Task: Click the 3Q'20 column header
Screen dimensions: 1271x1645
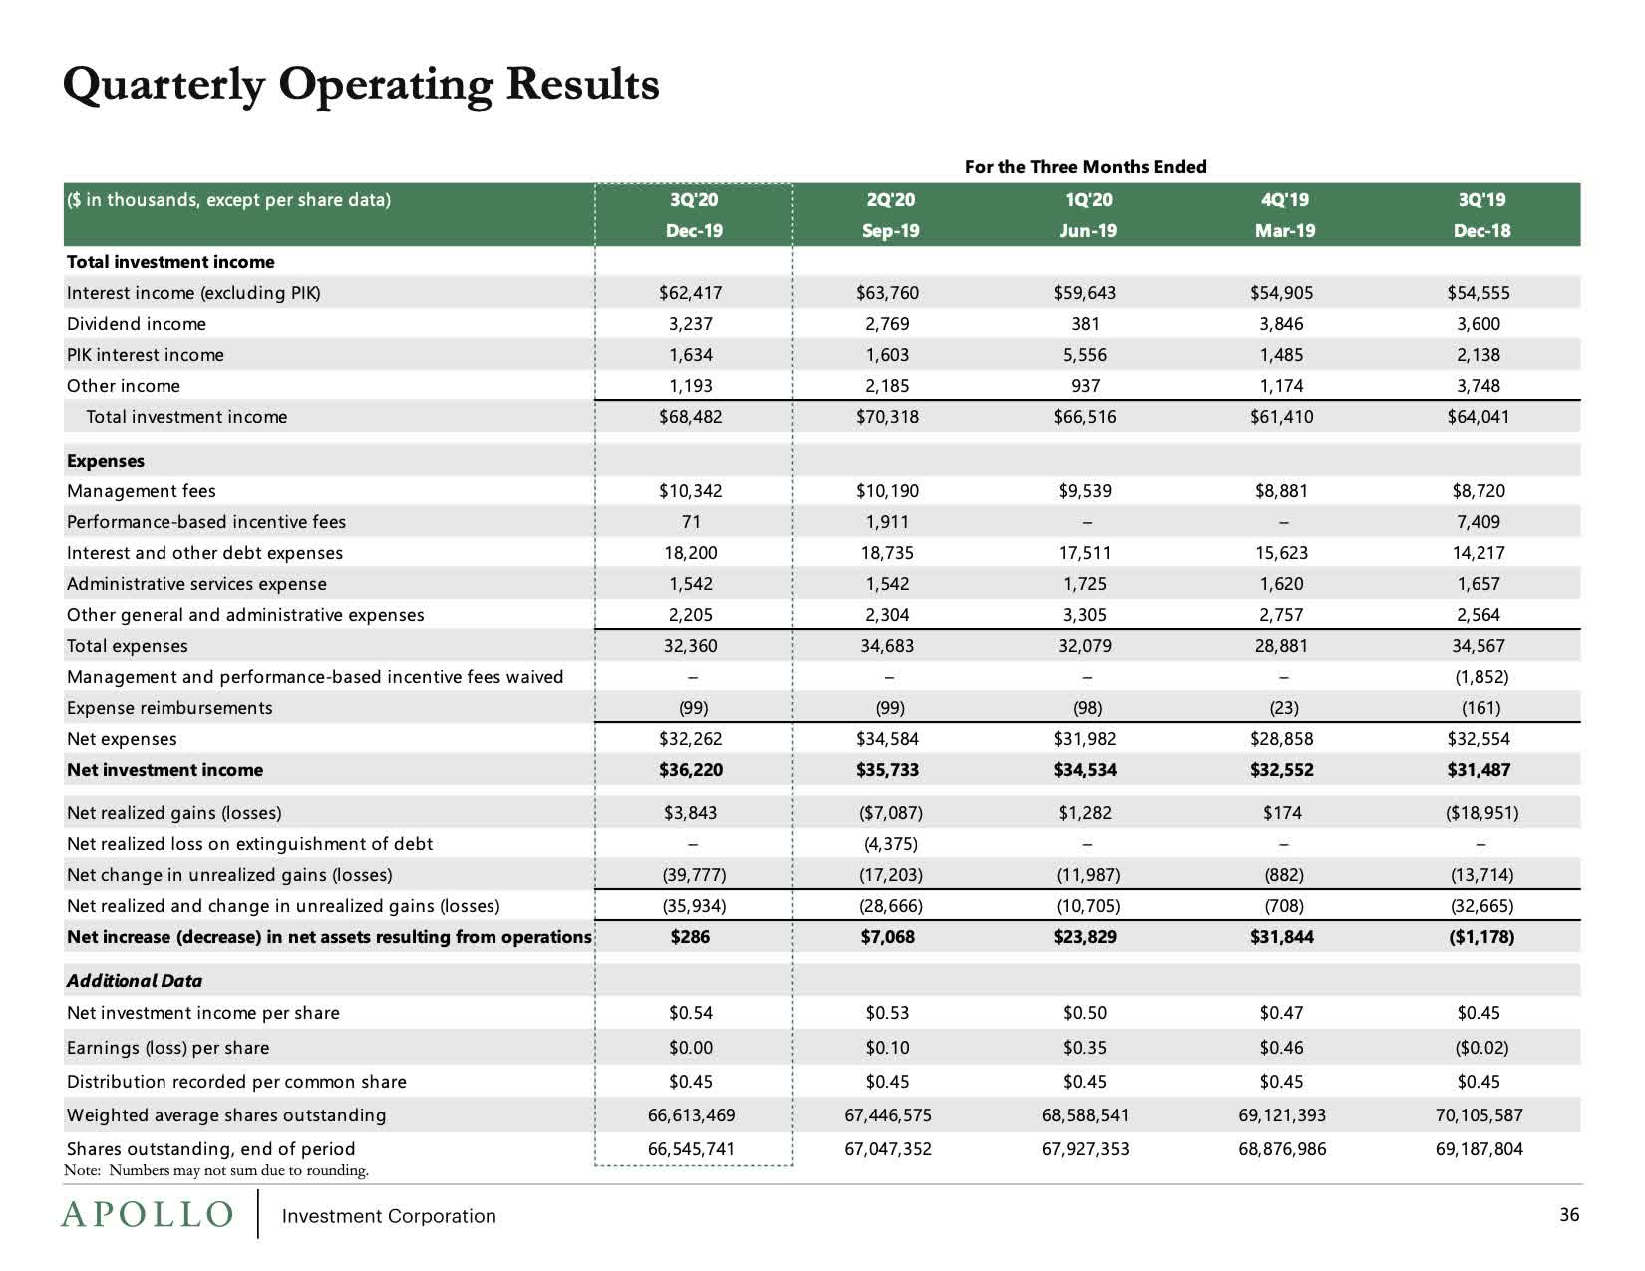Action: pos(694,199)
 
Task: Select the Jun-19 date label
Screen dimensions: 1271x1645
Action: pos(1087,231)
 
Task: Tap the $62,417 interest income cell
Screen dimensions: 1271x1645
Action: pos(690,293)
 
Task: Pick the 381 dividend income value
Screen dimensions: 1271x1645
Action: pos(1085,324)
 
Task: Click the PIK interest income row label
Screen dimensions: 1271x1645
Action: pos(146,355)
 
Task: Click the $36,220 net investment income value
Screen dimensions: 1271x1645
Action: pos(690,770)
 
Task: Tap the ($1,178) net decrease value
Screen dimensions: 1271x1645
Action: pos(1480,937)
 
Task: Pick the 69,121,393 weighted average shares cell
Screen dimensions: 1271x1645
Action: pos(1282,1115)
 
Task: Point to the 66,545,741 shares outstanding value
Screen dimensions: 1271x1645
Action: pos(691,1149)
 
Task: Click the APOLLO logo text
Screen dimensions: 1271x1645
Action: pos(148,1215)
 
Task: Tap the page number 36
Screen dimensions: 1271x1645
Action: pos(1569,1215)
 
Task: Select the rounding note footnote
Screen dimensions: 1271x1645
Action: pos(216,1171)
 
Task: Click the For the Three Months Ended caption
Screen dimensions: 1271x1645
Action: pos(1086,167)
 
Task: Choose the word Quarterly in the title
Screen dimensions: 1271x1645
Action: pos(163,85)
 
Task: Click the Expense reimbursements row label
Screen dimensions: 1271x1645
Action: pos(169,708)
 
